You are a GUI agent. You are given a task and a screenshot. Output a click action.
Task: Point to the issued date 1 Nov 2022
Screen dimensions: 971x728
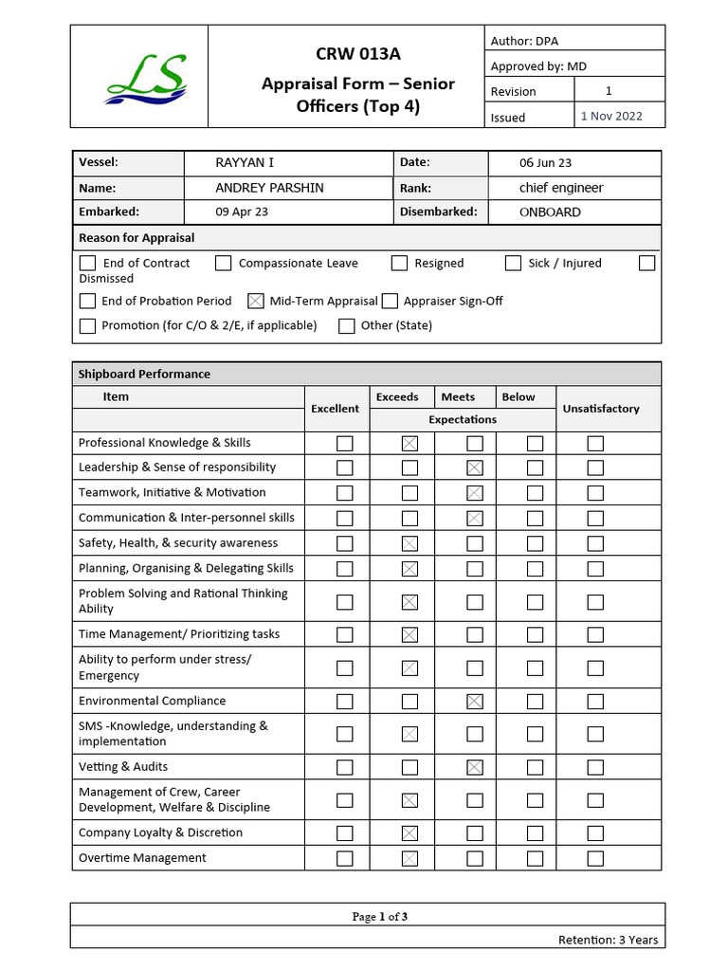611,117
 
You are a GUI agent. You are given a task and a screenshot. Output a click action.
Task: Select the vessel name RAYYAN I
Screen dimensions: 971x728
245,163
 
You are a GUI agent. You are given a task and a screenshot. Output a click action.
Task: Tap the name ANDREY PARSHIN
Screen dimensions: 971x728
269,188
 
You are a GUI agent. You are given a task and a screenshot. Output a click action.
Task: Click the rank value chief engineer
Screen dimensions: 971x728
561,188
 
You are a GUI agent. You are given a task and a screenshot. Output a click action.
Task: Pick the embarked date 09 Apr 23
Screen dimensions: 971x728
242,212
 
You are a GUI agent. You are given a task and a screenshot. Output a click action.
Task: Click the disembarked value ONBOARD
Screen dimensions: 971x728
550,212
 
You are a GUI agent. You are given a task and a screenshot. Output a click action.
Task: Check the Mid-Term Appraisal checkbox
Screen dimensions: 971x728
255,302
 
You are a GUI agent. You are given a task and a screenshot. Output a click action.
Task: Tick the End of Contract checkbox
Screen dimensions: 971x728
88,264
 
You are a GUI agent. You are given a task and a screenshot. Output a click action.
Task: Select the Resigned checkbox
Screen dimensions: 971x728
399,264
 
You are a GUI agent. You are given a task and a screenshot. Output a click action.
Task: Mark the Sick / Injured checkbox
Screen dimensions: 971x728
513,264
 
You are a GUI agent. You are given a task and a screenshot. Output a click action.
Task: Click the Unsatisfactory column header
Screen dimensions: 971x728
601,409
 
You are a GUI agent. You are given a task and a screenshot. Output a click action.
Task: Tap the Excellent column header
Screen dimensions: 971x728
336,409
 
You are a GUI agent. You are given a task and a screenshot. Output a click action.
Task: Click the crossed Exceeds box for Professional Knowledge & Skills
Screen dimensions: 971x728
409,443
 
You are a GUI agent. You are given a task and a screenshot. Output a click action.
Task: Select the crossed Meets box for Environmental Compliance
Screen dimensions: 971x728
475,702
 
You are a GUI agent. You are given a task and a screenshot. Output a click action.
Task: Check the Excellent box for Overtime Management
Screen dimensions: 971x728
345,858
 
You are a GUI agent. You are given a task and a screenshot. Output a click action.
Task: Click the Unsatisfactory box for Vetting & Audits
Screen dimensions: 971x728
595,767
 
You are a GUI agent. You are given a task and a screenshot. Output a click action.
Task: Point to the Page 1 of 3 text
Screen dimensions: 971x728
379,917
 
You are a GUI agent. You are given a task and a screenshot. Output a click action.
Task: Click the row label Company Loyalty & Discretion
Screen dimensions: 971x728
160,833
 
